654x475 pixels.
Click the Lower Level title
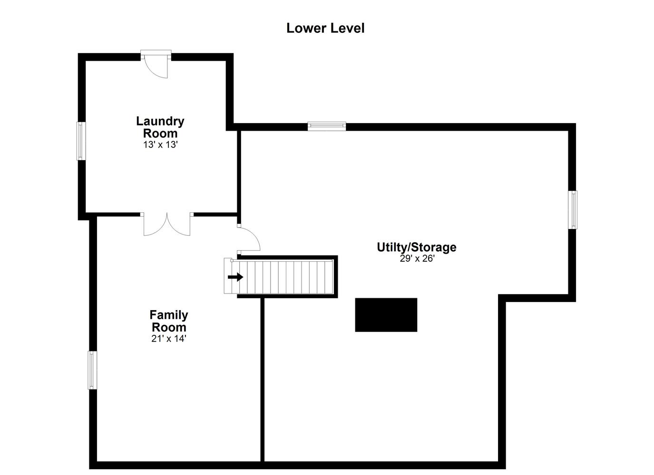click(325, 28)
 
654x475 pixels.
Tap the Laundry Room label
click(160, 127)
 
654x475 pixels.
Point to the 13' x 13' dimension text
click(160, 144)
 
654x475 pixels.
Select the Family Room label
click(169, 321)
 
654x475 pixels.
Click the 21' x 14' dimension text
click(169, 339)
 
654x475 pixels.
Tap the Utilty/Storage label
click(417, 247)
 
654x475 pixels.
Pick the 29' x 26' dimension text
click(417, 258)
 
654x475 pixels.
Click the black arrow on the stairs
click(235, 277)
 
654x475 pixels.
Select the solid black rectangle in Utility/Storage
click(386, 315)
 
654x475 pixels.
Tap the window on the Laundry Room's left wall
click(81, 141)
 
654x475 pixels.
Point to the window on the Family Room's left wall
click(93, 370)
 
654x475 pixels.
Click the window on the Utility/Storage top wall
click(327, 126)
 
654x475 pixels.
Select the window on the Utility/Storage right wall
click(573, 209)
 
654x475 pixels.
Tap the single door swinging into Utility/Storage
click(248, 239)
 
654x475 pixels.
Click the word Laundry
click(160, 122)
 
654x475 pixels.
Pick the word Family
click(169, 315)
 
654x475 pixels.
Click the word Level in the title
click(347, 28)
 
